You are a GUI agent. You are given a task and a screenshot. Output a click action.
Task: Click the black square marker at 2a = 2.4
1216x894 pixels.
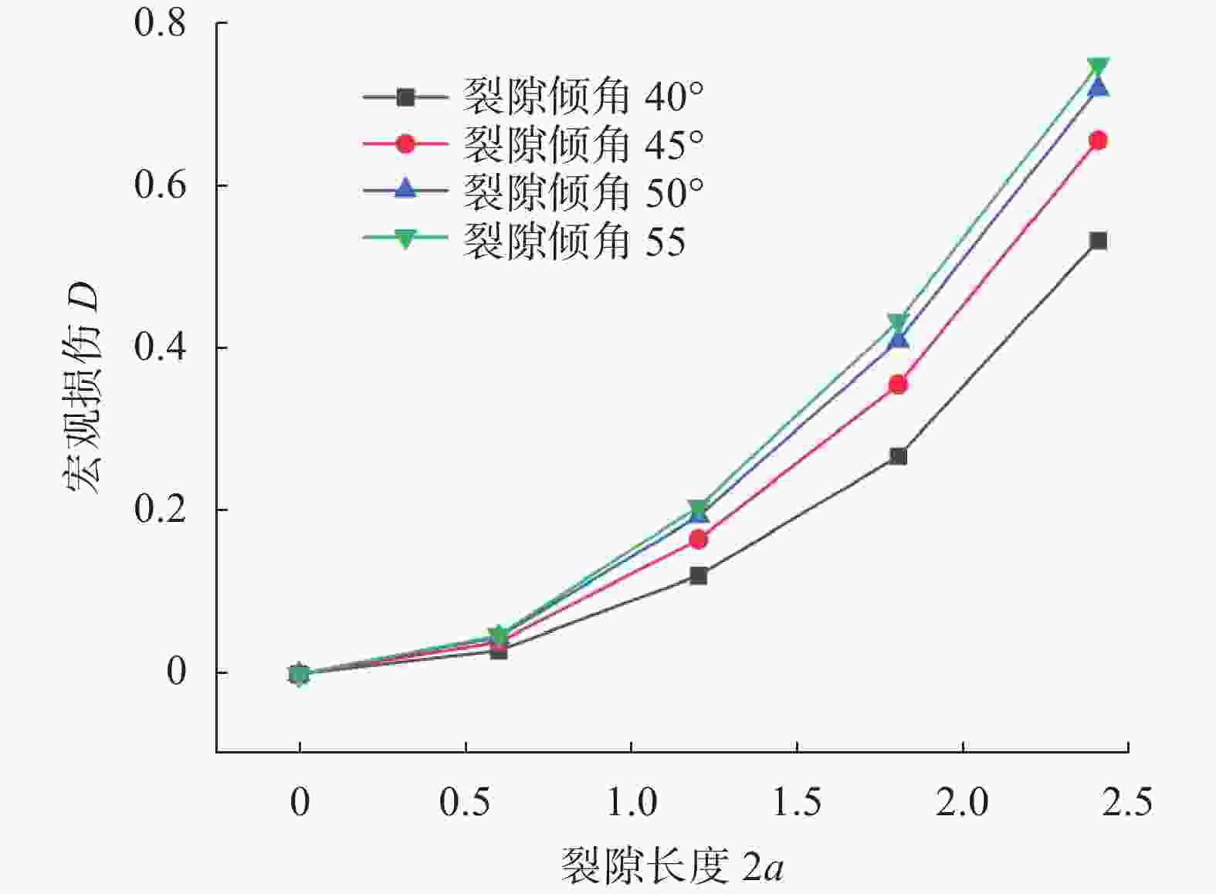tap(1098, 241)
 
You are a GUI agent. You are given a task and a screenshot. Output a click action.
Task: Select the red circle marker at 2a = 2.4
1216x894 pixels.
tap(1098, 141)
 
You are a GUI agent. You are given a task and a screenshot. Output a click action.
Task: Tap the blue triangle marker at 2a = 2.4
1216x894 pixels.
tap(1098, 86)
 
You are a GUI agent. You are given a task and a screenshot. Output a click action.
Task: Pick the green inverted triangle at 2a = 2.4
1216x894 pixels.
tap(1098, 67)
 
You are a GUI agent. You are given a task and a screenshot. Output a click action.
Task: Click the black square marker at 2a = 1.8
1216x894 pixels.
tap(898, 456)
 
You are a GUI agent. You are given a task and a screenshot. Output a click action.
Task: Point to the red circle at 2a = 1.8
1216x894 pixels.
tap(898, 384)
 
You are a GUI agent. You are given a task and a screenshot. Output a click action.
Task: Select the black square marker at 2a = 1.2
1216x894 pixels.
tap(698, 575)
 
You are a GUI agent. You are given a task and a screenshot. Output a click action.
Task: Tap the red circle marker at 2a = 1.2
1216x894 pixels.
tap(698, 540)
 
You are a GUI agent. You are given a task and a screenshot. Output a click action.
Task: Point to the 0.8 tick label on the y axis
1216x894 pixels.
tap(160, 23)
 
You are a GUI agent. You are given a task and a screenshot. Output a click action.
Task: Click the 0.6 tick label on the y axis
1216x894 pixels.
tap(160, 185)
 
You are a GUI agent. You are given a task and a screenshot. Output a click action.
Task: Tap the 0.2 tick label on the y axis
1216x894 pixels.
tap(160, 510)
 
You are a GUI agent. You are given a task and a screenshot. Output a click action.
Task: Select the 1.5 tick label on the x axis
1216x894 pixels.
tap(797, 803)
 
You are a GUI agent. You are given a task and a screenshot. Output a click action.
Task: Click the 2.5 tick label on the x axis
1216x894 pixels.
tap(1127, 803)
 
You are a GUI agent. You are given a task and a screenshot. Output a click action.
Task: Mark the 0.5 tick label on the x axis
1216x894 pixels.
tap(465, 803)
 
